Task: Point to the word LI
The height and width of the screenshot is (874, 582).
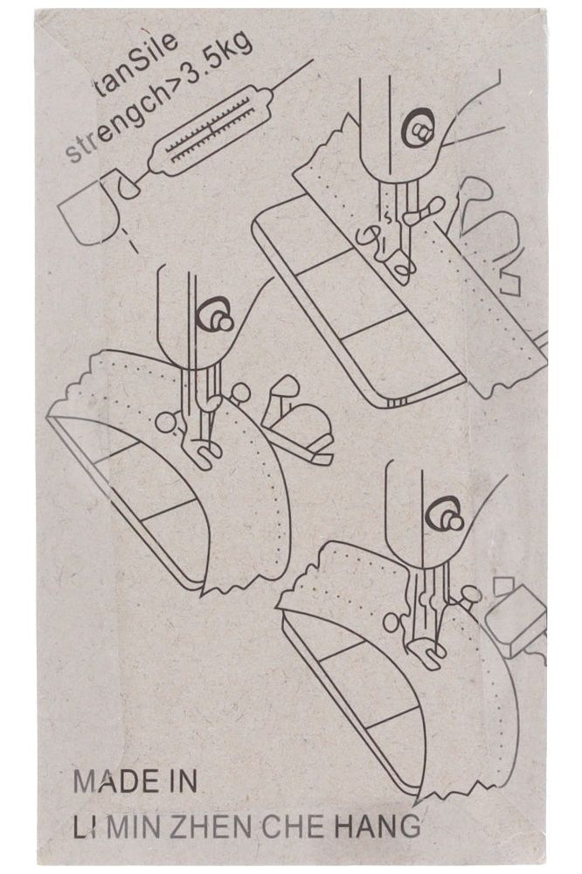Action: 85,826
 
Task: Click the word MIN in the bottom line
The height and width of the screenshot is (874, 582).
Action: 136,826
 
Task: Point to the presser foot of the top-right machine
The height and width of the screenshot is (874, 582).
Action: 393,253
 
